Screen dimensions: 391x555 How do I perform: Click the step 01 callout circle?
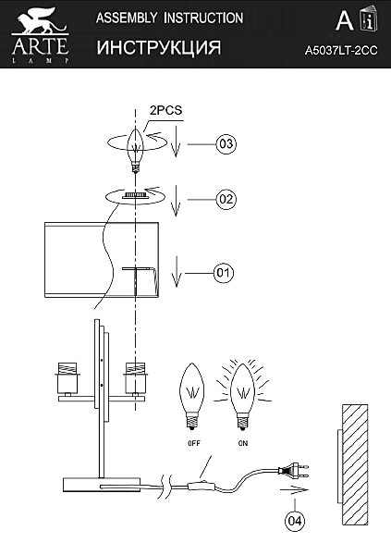pyautogui.click(x=224, y=273)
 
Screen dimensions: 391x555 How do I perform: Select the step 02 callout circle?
pyautogui.click(x=226, y=199)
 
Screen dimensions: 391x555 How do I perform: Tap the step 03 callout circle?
pyautogui.click(x=226, y=144)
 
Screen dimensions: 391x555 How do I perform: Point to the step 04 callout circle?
pyautogui.click(x=295, y=521)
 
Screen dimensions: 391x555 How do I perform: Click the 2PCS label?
pyautogui.click(x=165, y=110)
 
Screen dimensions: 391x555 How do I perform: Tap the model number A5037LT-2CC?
pyautogui.click(x=341, y=51)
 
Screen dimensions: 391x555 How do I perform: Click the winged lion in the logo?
pyautogui.click(x=40, y=21)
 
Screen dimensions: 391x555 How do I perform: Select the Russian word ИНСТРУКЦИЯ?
pyautogui.click(x=159, y=47)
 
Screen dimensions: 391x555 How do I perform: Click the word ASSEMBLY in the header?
pyautogui.click(x=127, y=18)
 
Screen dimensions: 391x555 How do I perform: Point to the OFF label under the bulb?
pyautogui.click(x=194, y=443)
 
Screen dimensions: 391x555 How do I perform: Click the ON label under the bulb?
pyautogui.click(x=243, y=443)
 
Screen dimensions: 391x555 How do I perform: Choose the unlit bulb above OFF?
pyautogui.click(x=192, y=396)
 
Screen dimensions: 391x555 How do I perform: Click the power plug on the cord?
pyautogui.click(x=294, y=471)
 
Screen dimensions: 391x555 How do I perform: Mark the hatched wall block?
pyautogui.click(x=355, y=464)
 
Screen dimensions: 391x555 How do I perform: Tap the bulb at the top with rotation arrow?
pyautogui.click(x=136, y=149)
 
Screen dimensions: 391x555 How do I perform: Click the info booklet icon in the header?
pyautogui.click(x=369, y=20)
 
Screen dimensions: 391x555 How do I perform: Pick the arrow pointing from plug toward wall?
pyautogui.click(x=294, y=490)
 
